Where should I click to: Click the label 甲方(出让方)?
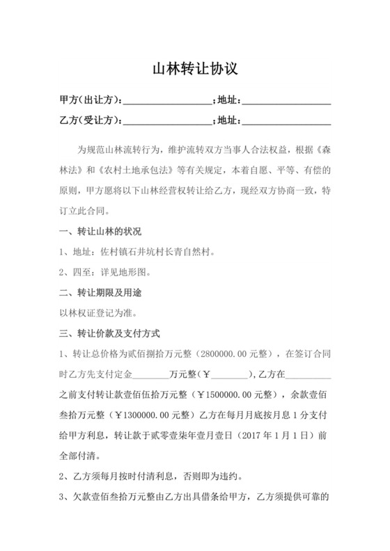90,102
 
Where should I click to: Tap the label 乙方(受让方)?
90,122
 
